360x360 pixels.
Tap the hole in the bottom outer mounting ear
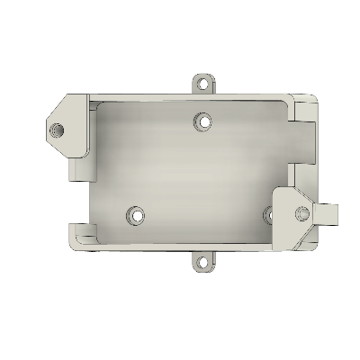point(205,264)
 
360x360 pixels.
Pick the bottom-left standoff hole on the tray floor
point(137,216)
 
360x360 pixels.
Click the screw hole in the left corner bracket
point(58,128)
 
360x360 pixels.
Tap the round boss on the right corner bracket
point(301,213)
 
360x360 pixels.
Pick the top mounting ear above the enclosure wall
point(205,83)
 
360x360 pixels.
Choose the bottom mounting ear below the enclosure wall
point(205,262)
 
